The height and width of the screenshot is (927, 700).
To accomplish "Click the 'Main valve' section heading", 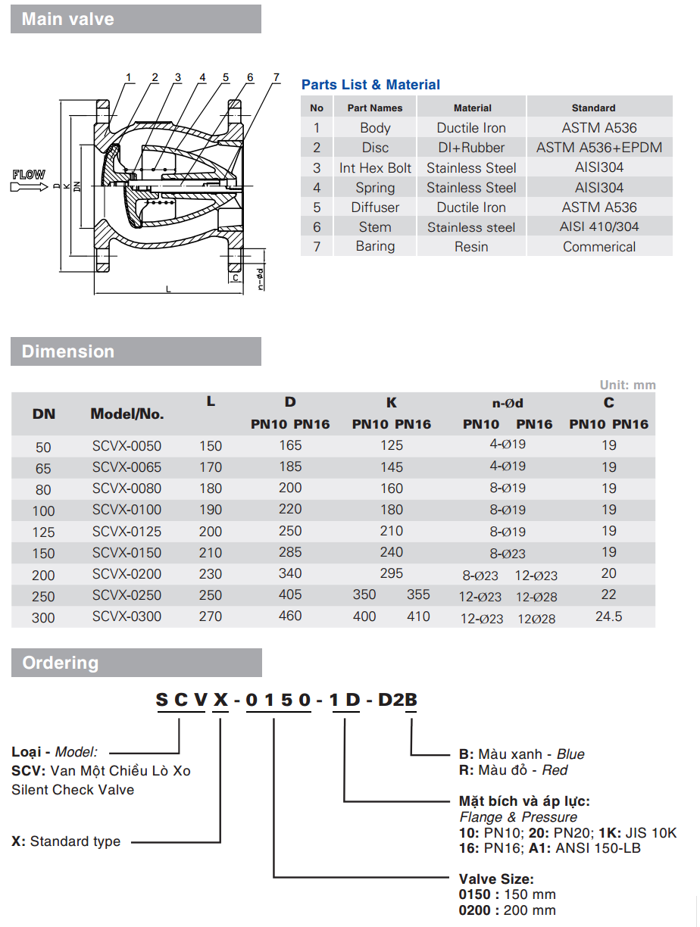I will pos(68,19).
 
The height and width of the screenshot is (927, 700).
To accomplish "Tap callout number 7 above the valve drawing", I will pos(277,77).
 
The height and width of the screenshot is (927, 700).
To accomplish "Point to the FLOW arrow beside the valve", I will pos(29,180).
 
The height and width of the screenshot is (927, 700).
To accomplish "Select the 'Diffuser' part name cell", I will pos(375,208).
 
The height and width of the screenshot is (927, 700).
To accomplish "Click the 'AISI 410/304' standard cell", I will pos(598,227).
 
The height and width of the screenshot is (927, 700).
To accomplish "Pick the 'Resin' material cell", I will pos(471,247).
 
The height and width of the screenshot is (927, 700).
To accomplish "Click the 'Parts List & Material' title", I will pos(370,85).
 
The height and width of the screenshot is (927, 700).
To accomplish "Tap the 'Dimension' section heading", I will pos(68,351).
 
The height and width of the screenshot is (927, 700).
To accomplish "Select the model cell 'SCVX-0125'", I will pos(127,532).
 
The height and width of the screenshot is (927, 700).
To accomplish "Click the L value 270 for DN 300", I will pos(211,616).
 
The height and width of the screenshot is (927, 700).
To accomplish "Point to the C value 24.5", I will pos(608,616).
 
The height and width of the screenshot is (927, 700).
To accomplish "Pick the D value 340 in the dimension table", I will pos(290,574).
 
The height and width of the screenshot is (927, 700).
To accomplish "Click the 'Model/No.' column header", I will pos(127,414).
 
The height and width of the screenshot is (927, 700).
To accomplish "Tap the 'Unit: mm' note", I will pos(627,385).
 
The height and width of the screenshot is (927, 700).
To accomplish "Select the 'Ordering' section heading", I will pos(61,663).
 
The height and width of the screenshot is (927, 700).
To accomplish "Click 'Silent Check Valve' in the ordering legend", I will pos(73,790).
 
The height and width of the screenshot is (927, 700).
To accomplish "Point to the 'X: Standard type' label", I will pos(66,841).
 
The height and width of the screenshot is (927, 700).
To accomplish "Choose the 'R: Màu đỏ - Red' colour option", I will pos(513,770).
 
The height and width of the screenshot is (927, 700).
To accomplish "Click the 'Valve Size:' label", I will pos(496,879).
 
